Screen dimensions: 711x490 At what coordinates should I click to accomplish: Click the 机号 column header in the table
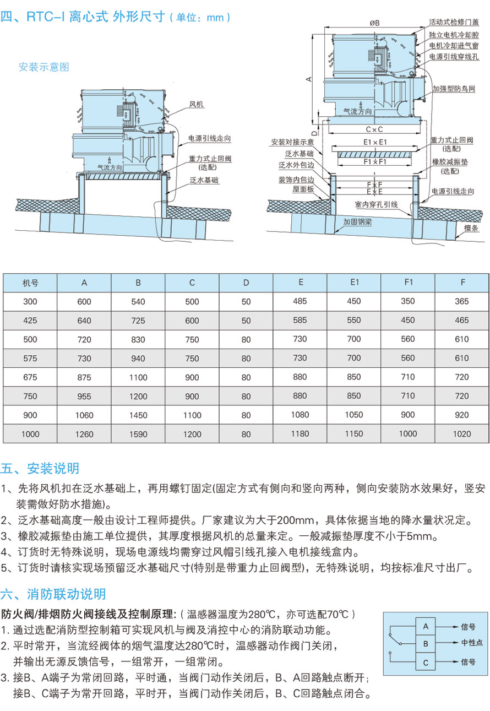coord(30,283)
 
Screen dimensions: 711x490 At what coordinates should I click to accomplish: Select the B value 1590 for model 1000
coord(138,434)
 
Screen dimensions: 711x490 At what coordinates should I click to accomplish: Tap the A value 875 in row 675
coord(84,377)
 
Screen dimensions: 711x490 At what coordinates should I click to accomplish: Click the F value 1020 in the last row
coord(462,433)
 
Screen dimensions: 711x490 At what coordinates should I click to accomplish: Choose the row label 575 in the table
coord(30,359)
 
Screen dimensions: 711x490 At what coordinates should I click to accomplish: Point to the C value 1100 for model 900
coord(192,415)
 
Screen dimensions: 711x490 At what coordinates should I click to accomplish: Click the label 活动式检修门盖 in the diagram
coord(454,23)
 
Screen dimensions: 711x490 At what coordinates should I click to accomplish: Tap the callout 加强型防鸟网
coord(453,88)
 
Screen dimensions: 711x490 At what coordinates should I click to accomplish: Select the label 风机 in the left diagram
coord(197,104)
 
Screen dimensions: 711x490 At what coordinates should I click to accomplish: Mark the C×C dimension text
coord(374,129)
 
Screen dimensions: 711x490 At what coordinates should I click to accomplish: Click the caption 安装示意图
coord(44,67)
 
